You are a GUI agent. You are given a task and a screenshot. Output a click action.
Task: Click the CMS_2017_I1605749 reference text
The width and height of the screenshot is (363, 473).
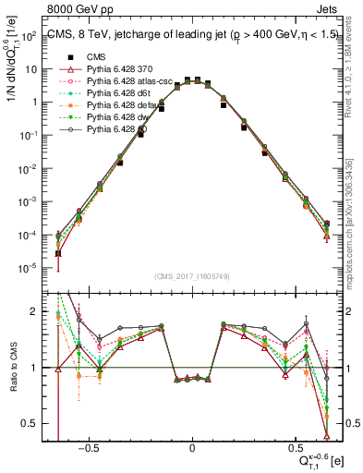[192, 276]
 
